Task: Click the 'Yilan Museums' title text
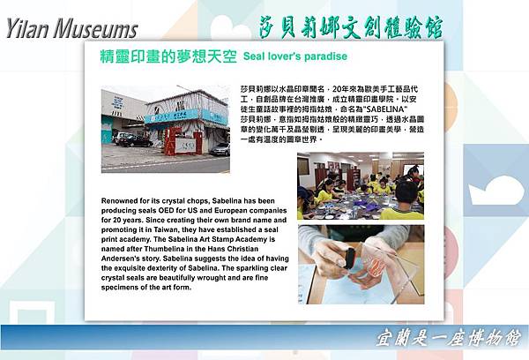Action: click(x=71, y=29)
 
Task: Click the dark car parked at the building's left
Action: click(x=132, y=139)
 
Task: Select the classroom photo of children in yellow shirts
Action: click(x=360, y=186)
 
